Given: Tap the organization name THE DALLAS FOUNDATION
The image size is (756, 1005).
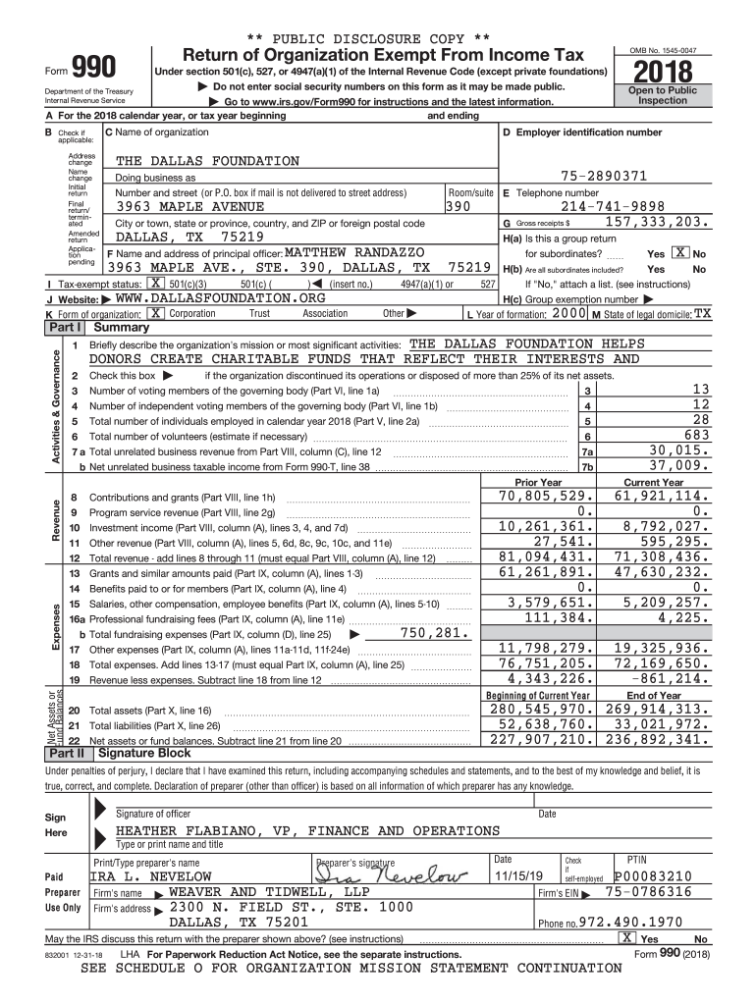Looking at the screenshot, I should point(207,161).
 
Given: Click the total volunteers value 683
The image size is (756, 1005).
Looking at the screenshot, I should point(695,435).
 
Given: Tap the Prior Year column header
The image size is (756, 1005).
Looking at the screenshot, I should point(538,482).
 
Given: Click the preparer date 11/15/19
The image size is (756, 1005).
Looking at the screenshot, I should point(520,876).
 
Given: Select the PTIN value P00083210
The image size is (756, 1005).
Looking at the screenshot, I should point(653,876).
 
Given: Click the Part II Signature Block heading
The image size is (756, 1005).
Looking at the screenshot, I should point(140,754).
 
